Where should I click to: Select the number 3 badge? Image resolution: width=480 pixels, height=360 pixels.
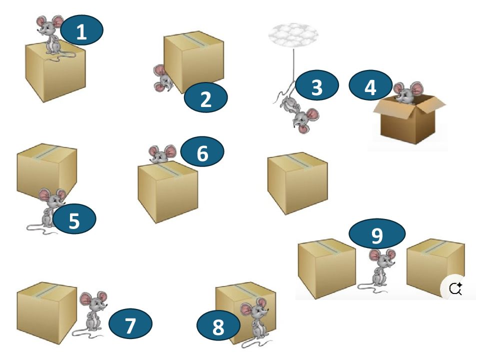[317, 86]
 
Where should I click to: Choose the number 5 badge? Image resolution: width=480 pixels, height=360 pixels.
[74, 219]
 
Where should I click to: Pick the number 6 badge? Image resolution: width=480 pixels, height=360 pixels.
[202, 152]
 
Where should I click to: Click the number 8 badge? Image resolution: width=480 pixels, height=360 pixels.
[218, 327]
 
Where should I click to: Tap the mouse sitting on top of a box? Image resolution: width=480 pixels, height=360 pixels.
[51, 33]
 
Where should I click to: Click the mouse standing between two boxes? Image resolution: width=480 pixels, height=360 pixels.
[381, 270]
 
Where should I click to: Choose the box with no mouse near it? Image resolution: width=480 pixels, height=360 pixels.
[297, 182]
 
